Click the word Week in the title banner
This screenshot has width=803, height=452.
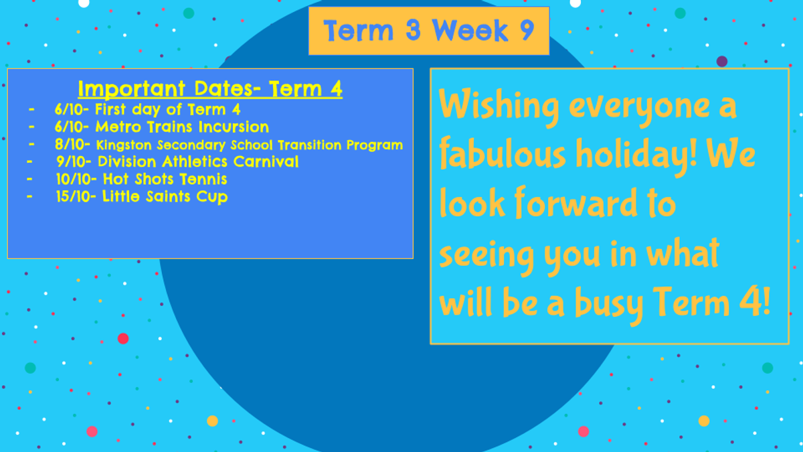tap(470, 31)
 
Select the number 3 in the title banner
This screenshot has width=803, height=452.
tap(413, 30)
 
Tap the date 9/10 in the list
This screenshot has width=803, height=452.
tap(72, 162)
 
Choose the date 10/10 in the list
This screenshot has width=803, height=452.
tap(74, 179)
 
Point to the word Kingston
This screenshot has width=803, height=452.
tap(124, 145)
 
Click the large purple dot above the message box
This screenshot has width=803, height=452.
tap(722, 62)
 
